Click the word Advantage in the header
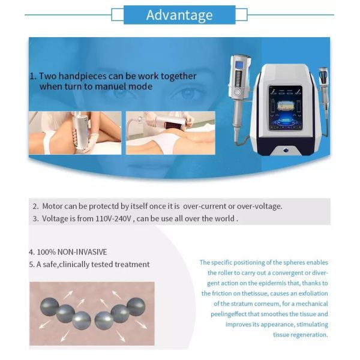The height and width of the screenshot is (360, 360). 179,16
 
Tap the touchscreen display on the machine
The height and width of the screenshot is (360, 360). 285,108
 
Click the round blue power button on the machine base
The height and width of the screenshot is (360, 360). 286,151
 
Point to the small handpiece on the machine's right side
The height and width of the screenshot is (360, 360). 323,92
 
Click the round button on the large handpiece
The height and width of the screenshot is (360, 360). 237,92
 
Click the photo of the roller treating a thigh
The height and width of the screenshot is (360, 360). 75,133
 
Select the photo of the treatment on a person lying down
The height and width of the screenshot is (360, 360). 170,133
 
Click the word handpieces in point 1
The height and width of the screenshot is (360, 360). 82,76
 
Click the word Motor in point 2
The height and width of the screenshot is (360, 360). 52,206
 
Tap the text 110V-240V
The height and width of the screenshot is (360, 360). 113,218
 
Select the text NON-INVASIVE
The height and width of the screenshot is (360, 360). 82,252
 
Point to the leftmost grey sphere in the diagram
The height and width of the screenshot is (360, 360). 49,307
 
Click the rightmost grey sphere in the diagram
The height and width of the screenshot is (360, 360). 136,307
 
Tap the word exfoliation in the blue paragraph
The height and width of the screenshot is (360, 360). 313,293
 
